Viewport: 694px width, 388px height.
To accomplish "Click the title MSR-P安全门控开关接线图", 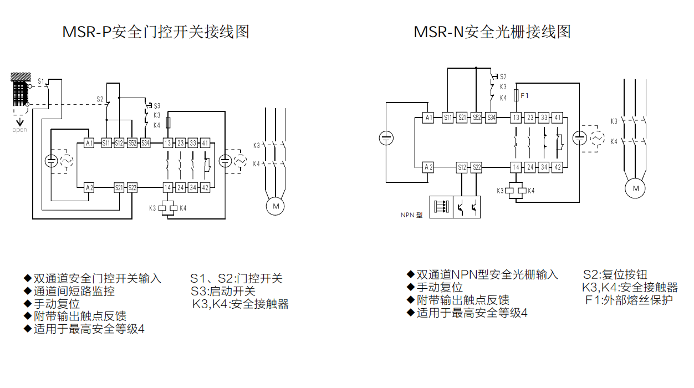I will (x=156, y=32).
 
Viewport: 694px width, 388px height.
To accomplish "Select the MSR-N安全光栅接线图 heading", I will (x=492, y=32).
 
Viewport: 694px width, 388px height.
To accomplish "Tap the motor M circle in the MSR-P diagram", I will (x=275, y=207).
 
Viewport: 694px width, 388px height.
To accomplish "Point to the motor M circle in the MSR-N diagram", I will (x=635, y=188).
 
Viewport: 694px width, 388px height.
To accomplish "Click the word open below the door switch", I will (x=19, y=130).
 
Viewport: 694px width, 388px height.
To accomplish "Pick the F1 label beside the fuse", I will (x=524, y=96).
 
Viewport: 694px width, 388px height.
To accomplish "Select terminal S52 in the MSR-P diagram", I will (x=132, y=143).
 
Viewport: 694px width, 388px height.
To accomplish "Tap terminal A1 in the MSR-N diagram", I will (x=428, y=118).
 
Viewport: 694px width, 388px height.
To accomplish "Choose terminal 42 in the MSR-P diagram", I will (x=205, y=187).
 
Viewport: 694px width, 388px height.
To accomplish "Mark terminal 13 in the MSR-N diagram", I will (x=516, y=118).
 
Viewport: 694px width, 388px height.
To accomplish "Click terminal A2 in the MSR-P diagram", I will (x=89, y=187).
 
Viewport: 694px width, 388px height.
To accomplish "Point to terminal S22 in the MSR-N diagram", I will (x=476, y=167).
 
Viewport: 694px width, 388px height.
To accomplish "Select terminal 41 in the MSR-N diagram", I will (x=558, y=118).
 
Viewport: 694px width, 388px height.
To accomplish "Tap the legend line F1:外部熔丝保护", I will (x=629, y=300).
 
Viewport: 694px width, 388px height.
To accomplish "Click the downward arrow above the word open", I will (x=20, y=121).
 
